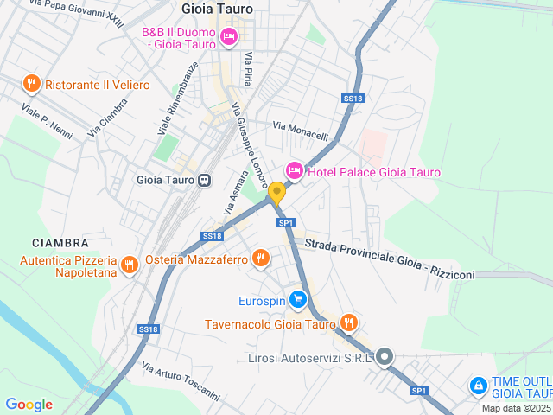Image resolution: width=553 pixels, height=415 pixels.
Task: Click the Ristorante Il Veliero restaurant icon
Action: point(31,84)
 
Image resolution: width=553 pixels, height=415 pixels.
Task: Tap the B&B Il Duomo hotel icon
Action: point(229,36)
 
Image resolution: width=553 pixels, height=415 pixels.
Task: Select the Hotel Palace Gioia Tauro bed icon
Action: point(294,171)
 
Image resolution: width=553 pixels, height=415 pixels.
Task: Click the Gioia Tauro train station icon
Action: point(204,181)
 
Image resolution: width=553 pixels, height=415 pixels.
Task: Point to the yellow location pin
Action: point(276,192)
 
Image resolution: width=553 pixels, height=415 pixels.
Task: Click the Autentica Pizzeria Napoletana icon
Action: point(130,264)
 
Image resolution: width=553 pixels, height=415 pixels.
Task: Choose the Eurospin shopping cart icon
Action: point(298,300)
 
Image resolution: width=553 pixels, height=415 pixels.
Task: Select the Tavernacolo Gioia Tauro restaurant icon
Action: point(348,323)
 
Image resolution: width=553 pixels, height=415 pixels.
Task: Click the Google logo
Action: point(29,405)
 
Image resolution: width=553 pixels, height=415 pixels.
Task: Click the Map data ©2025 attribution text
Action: point(515,408)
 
